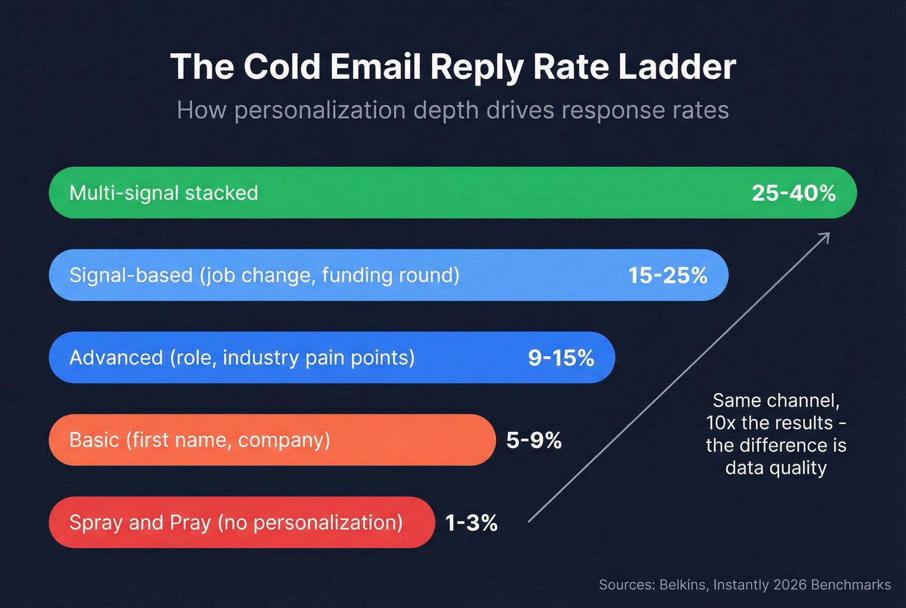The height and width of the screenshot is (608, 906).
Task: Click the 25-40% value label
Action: click(x=793, y=193)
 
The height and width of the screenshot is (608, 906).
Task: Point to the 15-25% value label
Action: click(x=667, y=275)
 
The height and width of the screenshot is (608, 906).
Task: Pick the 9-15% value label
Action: click(x=560, y=358)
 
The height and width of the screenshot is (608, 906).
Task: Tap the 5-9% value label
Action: click(x=533, y=440)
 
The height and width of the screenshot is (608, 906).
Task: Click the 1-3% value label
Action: click(x=471, y=523)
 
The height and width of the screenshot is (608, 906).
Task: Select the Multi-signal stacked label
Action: click(x=163, y=193)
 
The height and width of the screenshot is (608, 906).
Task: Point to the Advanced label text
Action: click(x=116, y=358)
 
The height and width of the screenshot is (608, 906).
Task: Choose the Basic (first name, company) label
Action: click(x=199, y=440)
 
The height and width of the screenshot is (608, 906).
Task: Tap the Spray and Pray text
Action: click(x=140, y=523)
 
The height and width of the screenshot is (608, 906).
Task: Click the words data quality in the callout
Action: click(x=776, y=467)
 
